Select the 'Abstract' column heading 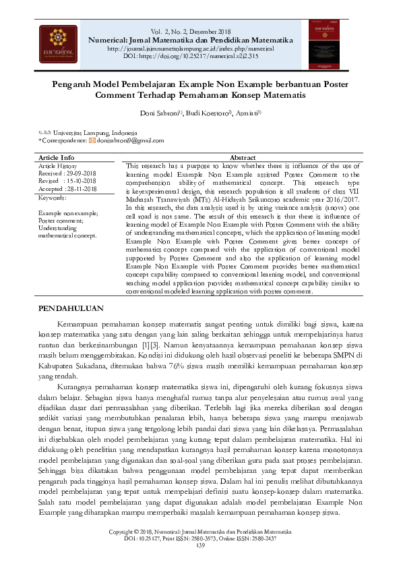pyautogui.click(x=243, y=157)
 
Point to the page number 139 pyautogui.click(x=200, y=545)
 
